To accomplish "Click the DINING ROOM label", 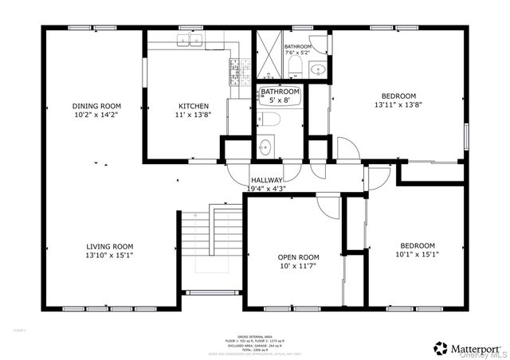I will pyautogui.click(x=96, y=106).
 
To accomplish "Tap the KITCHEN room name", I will pyautogui.click(x=193, y=106).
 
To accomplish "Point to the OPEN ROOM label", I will pyautogui.click(x=298, y=257).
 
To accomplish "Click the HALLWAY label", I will pyautogui.click(x=266, y=180).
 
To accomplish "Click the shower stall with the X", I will pyautogui.click(x=269, y=55).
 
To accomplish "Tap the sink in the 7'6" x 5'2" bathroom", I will pyautogui.click(x=317, y=68).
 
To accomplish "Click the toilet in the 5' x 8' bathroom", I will pyautogui.click(x=269, y=120).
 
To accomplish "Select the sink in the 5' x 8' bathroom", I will pyautogui.click(x=265, y=147).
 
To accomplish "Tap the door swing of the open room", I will pyautogui.click(x=328, y=206).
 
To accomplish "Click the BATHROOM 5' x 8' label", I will pyautogui.click(x=280, y=96).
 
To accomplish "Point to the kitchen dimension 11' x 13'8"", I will pyautogui.click(x=193, y=115).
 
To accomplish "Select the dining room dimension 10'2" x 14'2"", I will pyautogui.click(x=96, y=115).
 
